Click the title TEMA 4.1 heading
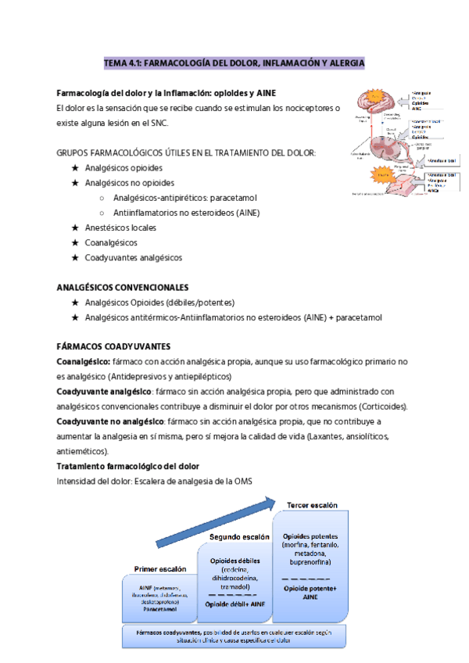click(234, 62)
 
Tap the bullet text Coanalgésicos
click(116, 242)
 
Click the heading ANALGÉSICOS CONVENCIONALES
click(123, 287)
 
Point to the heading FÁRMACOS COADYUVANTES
click(114, 346)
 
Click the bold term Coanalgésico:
click(84, 362)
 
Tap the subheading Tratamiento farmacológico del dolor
click(128, 466)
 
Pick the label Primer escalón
click(160, 568)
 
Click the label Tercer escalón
click(313, 505)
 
